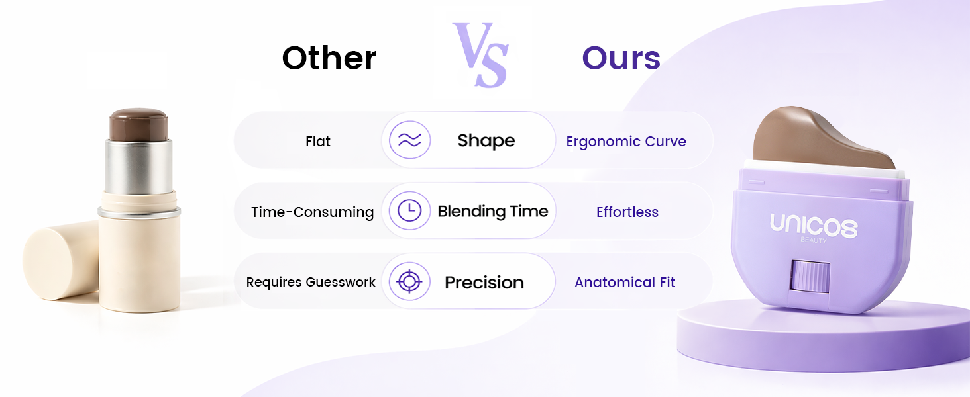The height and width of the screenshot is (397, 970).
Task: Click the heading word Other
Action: click(329, 58)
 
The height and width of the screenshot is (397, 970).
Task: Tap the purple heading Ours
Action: click(621, 58)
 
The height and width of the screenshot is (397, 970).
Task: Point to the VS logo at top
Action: click(480, 55)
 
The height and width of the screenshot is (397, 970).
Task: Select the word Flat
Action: click(318, 142)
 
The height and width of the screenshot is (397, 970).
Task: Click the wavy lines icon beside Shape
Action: click(409, 140)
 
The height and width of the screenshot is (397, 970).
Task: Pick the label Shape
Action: click(486, 141)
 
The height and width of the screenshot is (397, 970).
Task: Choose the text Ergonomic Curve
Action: click(626, 142)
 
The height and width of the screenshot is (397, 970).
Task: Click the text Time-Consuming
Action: click(312, 212)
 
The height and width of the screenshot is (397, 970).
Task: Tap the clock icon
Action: click(409, 210)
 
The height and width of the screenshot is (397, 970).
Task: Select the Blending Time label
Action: click(493, 212)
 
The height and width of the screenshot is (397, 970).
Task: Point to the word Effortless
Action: click(627, 212)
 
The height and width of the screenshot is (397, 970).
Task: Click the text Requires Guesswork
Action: click(311, 283)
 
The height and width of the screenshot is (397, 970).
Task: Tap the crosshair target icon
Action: click(409, 281)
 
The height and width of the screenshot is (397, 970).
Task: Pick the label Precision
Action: click(484, 283)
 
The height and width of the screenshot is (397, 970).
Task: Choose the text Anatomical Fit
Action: click(625, 283)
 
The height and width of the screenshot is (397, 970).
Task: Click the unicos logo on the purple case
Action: click(814, 226)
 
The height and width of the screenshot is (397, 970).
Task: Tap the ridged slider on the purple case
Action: click(810, 277)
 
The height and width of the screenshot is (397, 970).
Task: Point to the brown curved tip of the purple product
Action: click(818, 138)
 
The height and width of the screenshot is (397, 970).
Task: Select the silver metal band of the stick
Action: click(138, 167)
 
